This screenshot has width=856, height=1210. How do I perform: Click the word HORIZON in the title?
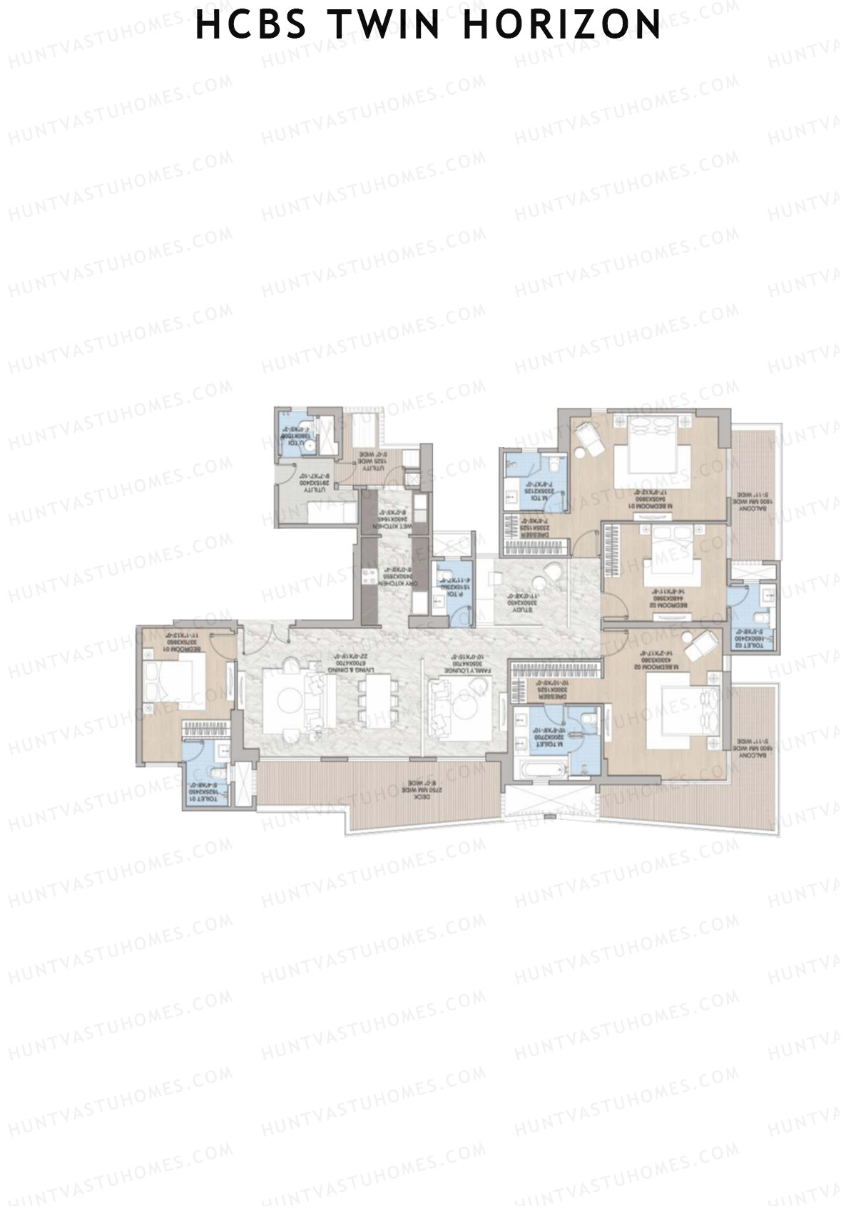point(562,25)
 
